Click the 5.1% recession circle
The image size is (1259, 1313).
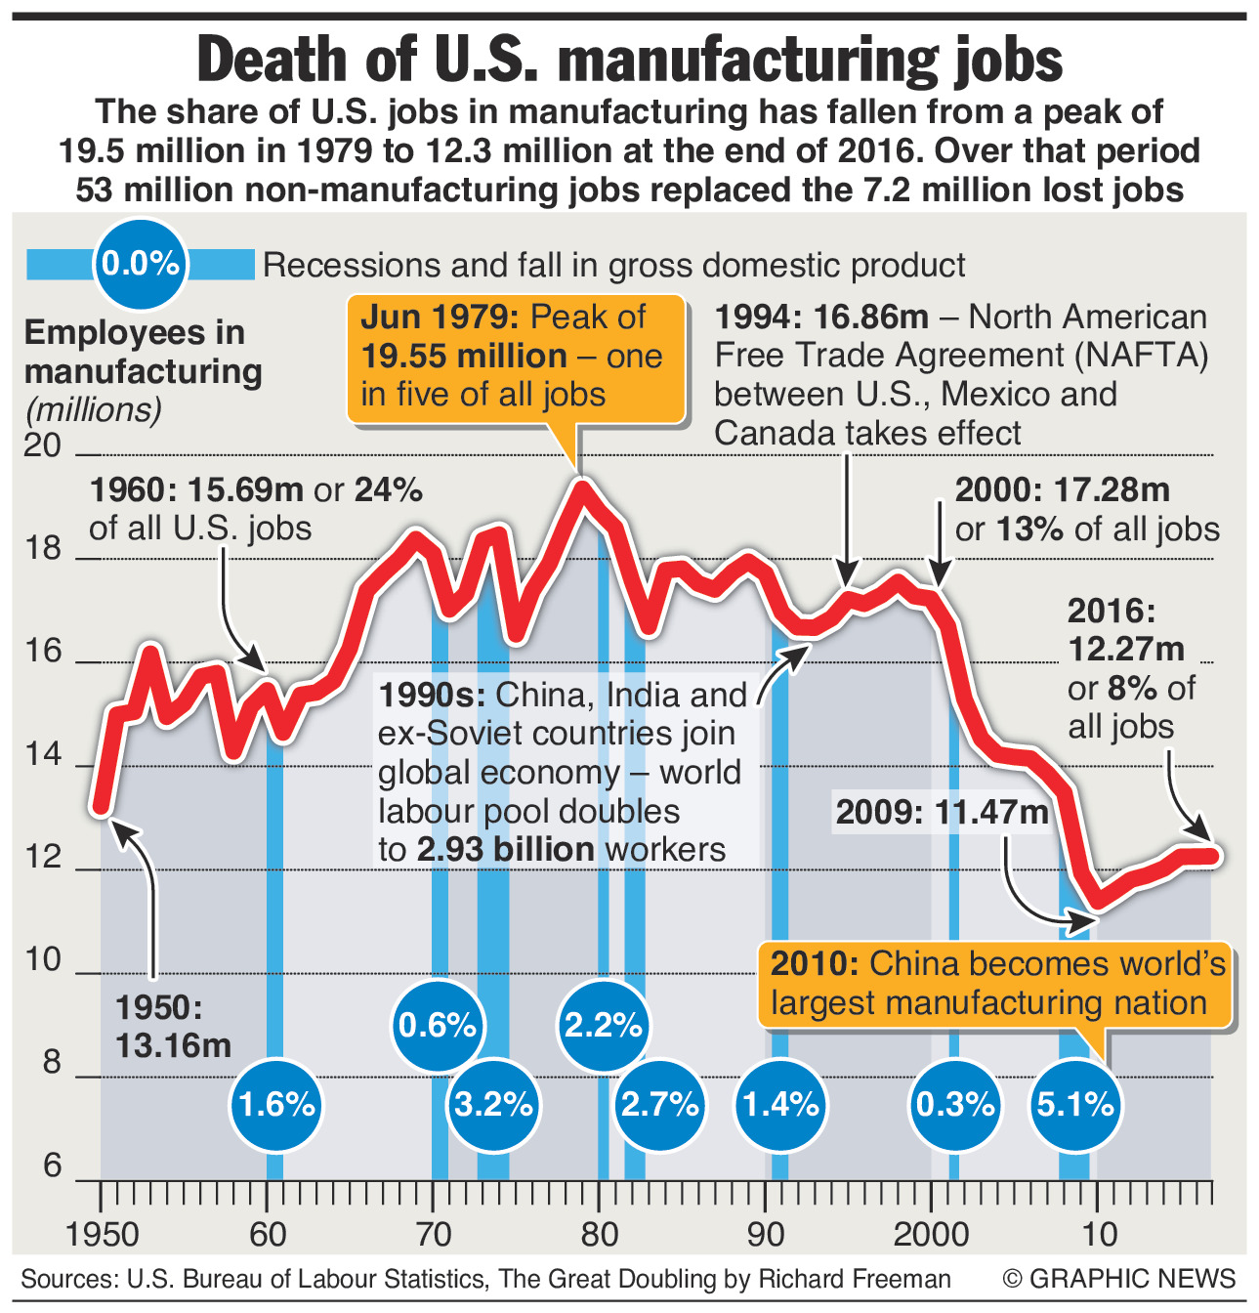[1074, 1105]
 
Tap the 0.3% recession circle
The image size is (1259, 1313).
[954, 1105]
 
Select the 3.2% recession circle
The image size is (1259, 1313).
[494, 1105]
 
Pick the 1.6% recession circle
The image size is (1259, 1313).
[276, 1105]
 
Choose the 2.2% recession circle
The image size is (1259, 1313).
[604, 1025]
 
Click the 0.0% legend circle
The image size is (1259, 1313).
[141, 264]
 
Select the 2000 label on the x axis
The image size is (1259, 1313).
[930, 1234]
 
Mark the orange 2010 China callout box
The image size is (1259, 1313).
[996, 984]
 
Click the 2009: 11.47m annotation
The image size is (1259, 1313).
[941, 813]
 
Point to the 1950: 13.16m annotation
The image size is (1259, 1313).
[173, 1027]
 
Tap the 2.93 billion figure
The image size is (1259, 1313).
[505, 849]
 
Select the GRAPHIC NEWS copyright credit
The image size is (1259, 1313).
[1118, 1279]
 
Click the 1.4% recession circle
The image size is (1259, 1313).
[780, 1105]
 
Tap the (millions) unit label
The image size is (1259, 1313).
[94, 409]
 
